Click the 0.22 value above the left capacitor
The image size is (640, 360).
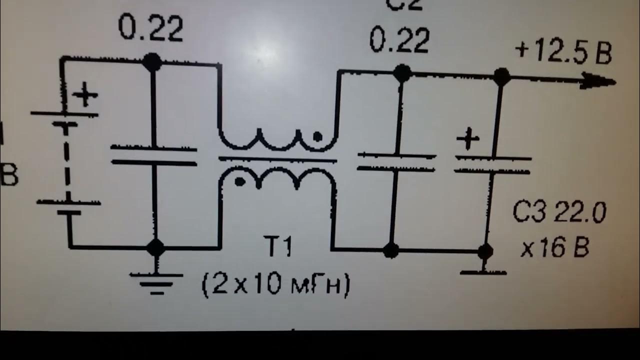click(x=150, y=29)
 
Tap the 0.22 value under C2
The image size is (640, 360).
click(x=399, y=41)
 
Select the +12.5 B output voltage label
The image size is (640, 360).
click(x=563, y=52)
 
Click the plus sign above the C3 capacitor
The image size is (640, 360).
click(x=468, y=139)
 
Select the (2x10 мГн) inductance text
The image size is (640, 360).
click(x=276, y=286)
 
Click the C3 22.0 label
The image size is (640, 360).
click(x=559, y=213)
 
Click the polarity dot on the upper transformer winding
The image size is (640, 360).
click(x=316, y=135)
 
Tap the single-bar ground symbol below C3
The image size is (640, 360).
click(x=483, y=272)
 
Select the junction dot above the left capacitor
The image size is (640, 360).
click(x=152, y=62)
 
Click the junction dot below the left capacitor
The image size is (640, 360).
click(x=156, y=247)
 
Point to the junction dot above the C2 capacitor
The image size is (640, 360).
click(x=401, y=73)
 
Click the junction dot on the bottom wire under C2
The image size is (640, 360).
click(x=391, y=249)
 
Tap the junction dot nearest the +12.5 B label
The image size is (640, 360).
click(x=501, y=76)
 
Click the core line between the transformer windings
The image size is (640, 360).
click(x=277, y=160)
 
